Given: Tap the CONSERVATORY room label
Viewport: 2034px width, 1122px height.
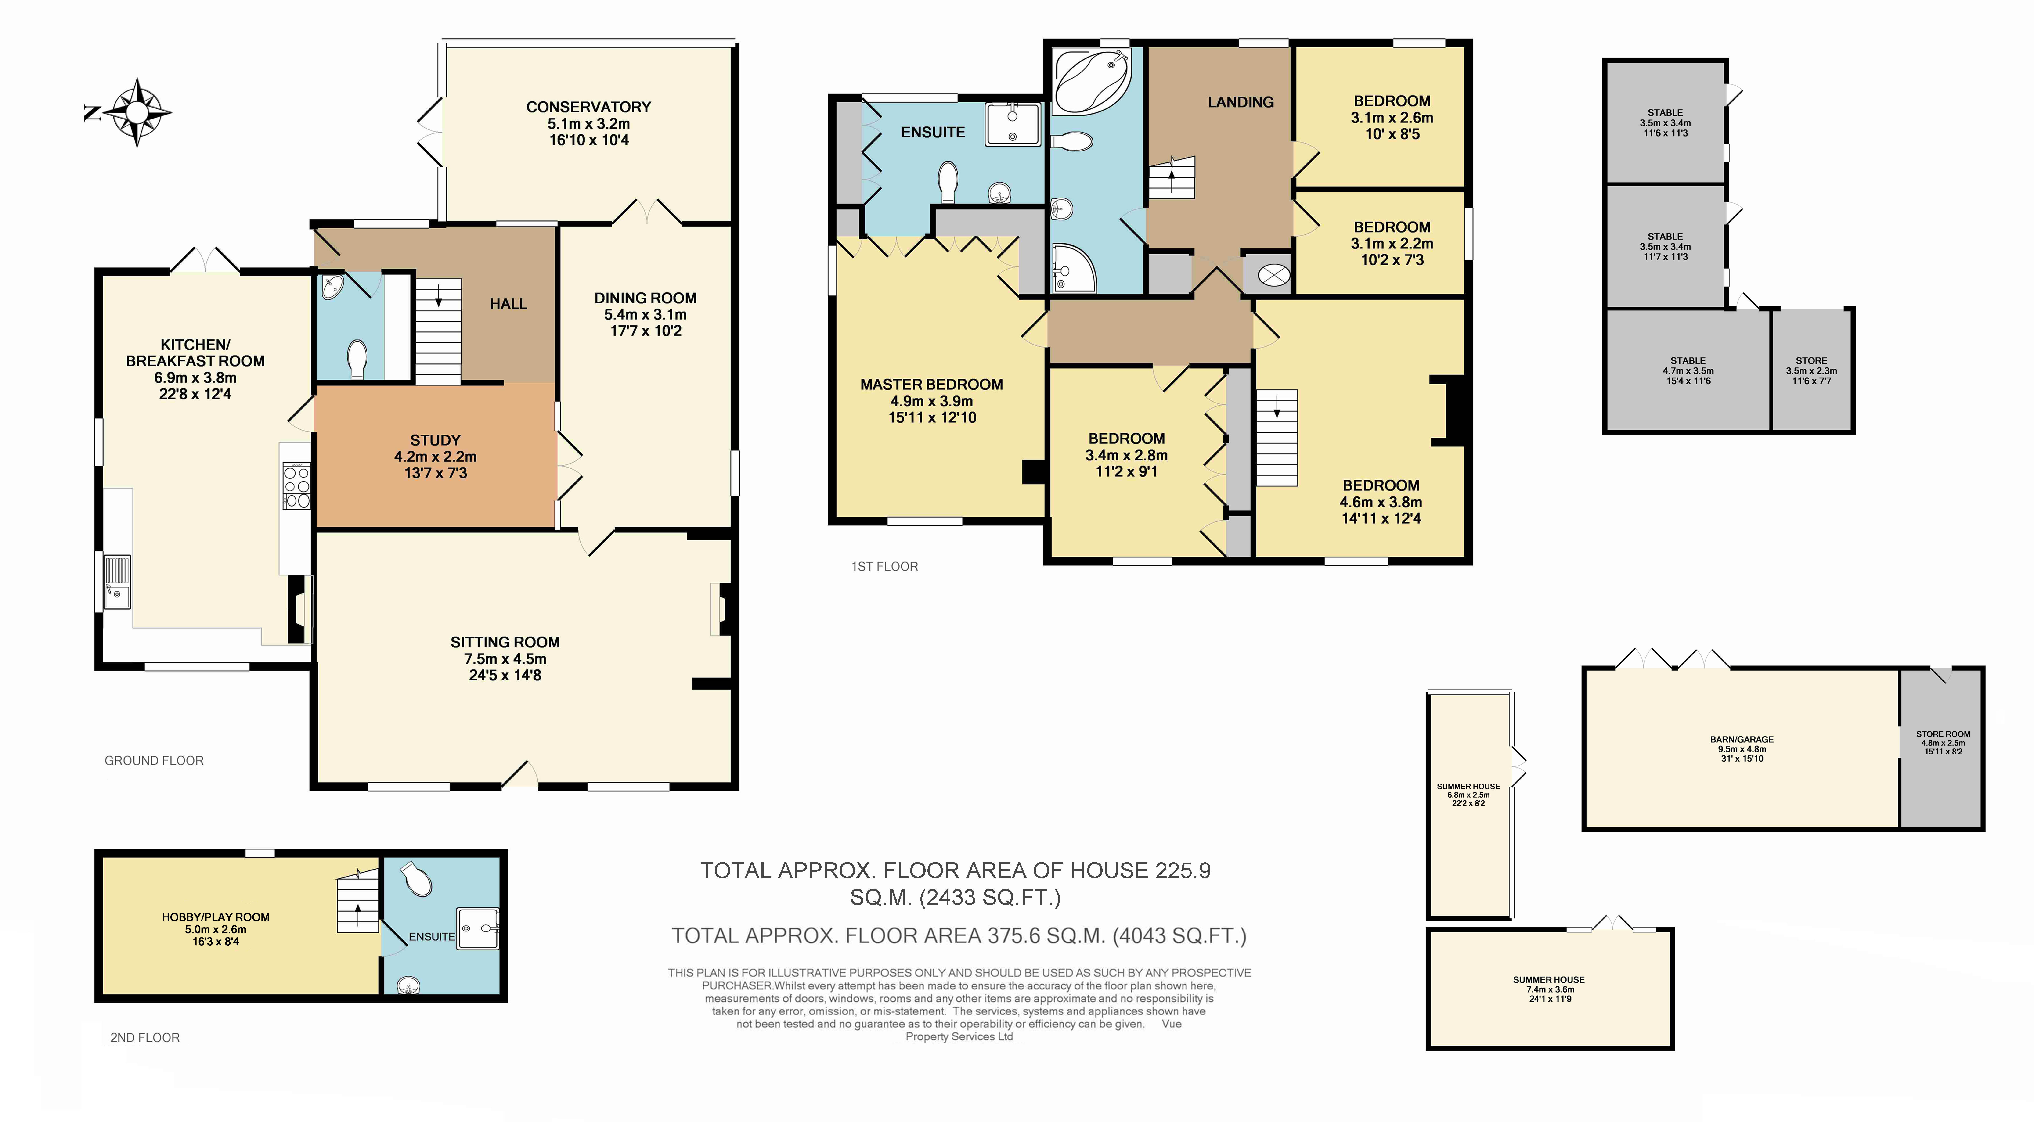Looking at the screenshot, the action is pos(588,107).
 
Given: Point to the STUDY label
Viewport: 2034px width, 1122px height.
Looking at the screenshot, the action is pos(435,440).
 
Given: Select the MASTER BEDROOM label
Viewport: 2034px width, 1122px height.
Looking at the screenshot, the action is pos(932,385).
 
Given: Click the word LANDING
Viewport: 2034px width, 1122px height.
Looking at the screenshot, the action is pos(1241,102).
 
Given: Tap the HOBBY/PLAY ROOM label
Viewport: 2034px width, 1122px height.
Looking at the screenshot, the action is pos(216,917).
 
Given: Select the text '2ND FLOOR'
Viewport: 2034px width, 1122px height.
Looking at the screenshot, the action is pos(145,1038).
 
